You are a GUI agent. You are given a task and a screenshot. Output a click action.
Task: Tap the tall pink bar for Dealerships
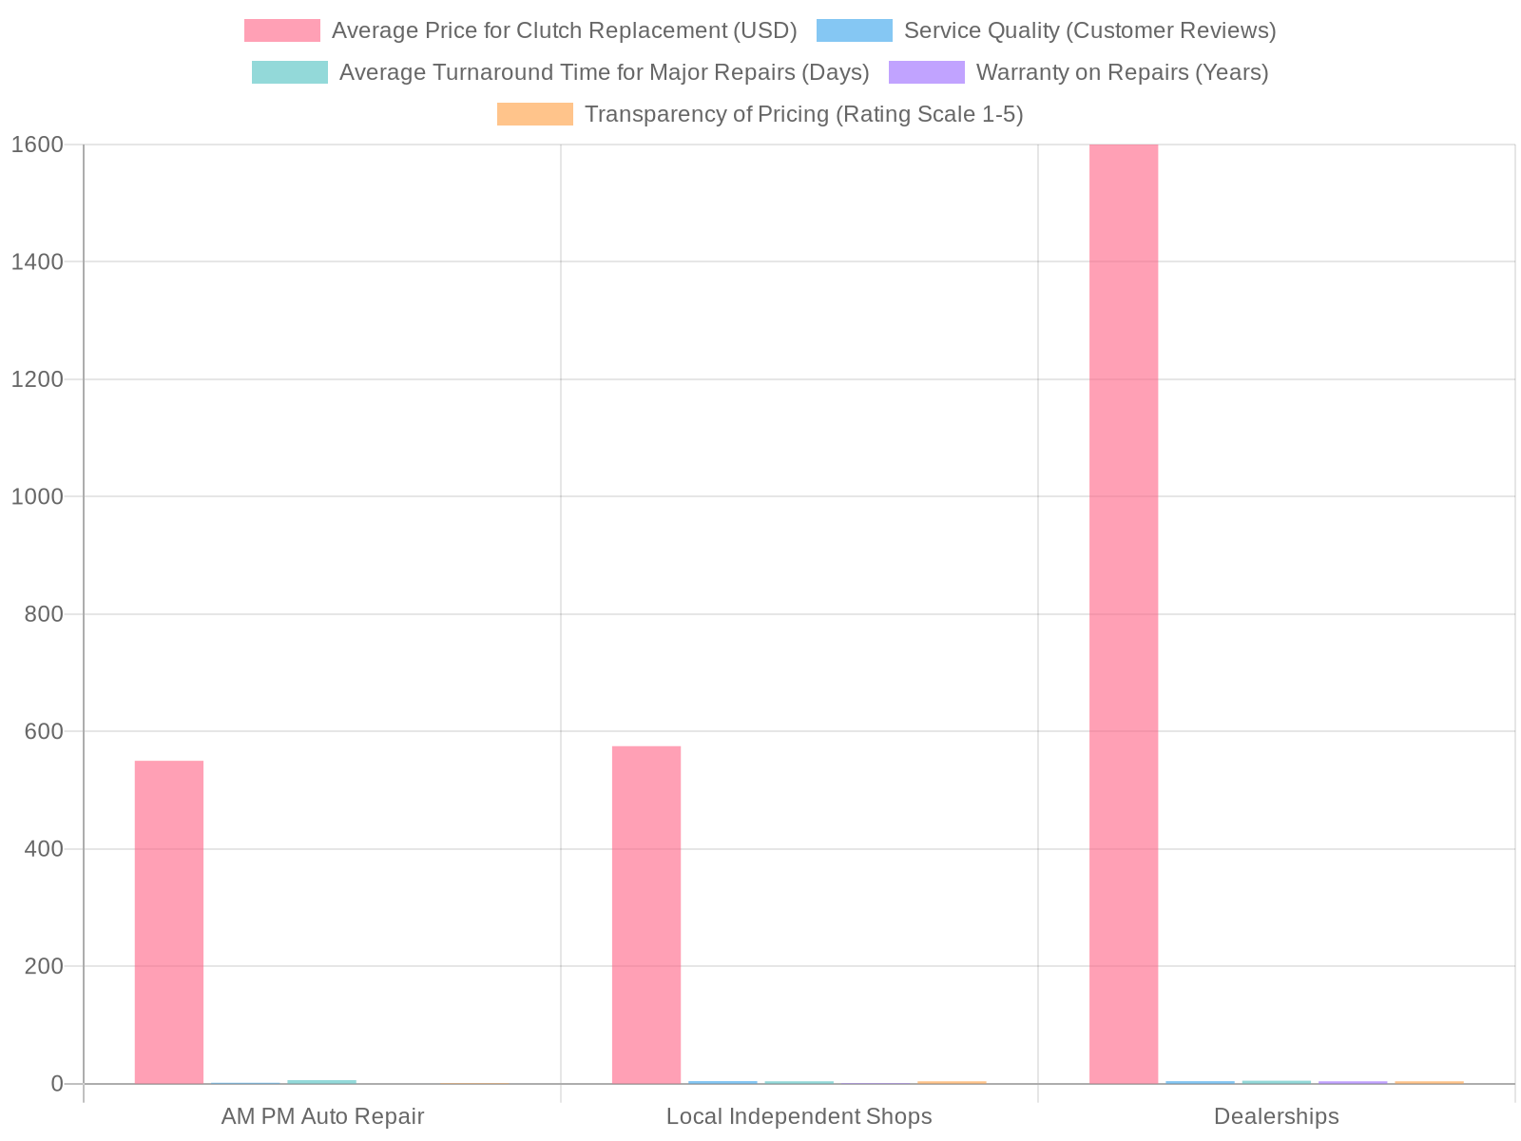pyautogui.click(x=1124, y=613)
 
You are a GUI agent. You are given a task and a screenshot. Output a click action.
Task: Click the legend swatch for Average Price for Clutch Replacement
pyautogui.click(x=282, y=30)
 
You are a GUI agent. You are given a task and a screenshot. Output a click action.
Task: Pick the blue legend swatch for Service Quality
pyautogui.click(x=855, y=30)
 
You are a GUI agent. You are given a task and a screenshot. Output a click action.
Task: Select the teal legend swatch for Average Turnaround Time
pyautogui.click(x=290, y=72)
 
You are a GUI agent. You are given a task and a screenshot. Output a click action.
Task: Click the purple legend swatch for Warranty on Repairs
pyautogui.click(x=927, y=72)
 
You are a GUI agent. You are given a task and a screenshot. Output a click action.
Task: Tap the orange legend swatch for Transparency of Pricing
pyautogui.click(x=535, y=114)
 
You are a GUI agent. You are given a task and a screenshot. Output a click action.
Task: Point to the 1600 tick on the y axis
pyautogui.click(x=37, y=145)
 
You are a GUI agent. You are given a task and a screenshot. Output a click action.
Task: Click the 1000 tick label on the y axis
pyautogui.click(x=37, y=496)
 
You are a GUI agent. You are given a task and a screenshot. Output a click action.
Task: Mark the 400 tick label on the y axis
pyautogui.click(x=44, y=848)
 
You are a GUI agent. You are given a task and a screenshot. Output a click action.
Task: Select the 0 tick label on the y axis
pyautogui.click(x=57, y=1083)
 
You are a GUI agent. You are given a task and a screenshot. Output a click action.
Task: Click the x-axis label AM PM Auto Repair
pyautogui.click(x=322, y=1116)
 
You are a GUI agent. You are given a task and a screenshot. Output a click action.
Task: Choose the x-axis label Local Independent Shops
pyautogui.click(x=799, y=1116)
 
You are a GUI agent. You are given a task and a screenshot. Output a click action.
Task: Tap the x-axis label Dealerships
pyautogui.click(x=1276, y=1116)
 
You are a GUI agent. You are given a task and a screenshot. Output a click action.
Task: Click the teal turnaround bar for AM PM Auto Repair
pyautogui.click(x=321, y=1081)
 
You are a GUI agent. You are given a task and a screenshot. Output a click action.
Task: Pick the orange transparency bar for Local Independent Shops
pyautogui.click(x=952, y=1082)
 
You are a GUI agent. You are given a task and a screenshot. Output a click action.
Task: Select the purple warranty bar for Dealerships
pyautogui.click(x=1353, y=1082)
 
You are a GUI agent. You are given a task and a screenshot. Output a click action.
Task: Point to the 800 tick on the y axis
pyautogui.click(x=44, y=614)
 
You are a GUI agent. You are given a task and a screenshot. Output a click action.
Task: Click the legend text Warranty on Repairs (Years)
pyautogui.click(x=1122, y=72)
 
